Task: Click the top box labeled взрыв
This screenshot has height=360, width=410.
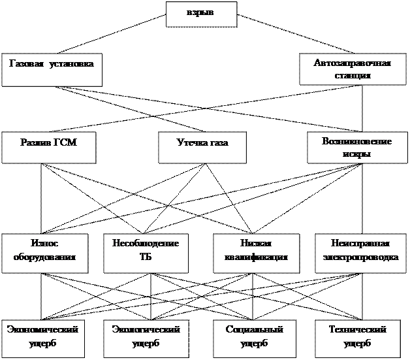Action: point(200,14)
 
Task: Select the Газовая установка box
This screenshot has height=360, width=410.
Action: point(52,70)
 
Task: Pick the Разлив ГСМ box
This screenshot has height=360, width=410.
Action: point(48,148)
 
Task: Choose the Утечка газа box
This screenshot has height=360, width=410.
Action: point(202,148)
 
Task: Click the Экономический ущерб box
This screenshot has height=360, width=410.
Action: point(43,337)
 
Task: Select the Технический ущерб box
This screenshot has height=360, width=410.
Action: point(356,337)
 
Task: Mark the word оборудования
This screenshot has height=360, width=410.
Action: point(44,257)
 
